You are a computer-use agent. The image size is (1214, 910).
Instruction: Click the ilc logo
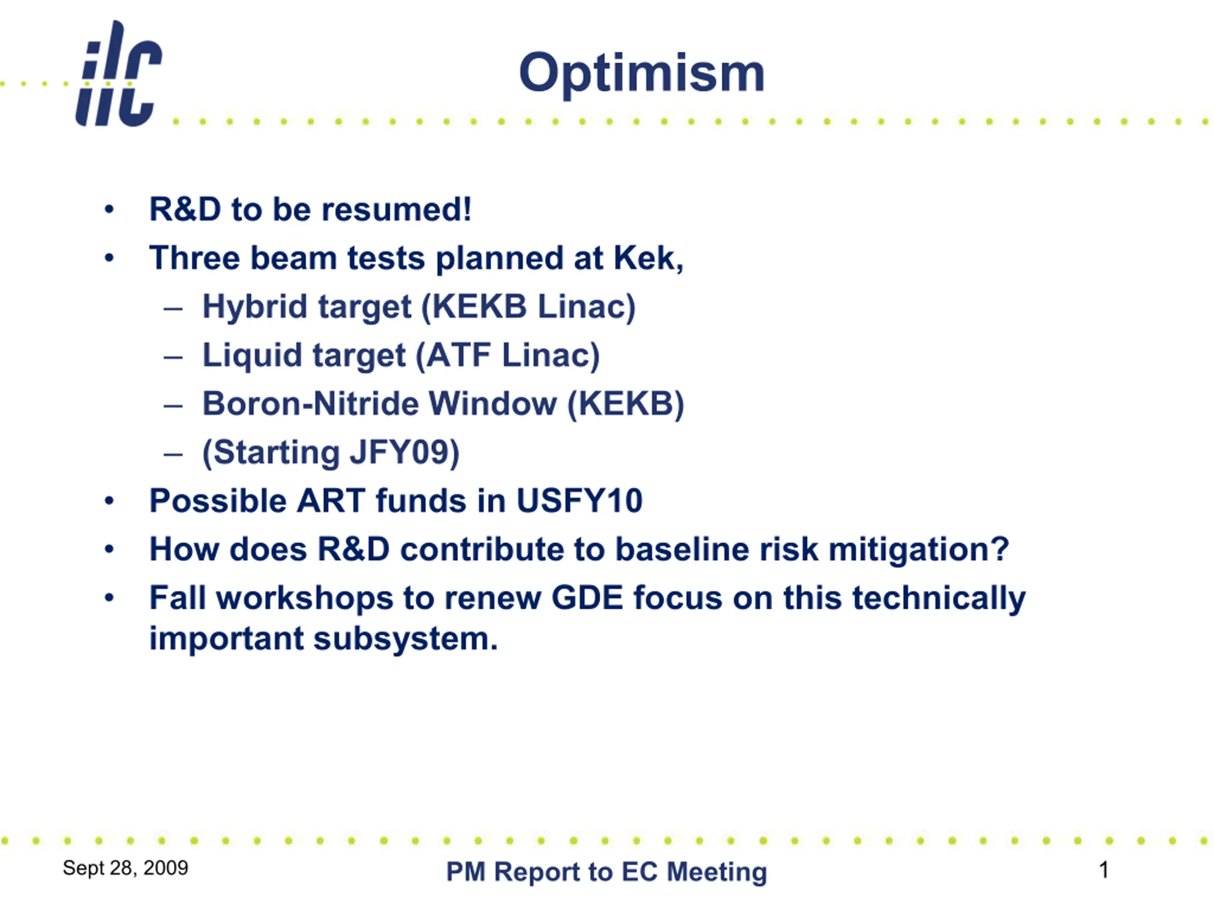point(119,73)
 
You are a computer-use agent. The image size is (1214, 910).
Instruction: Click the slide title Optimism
point(642,73)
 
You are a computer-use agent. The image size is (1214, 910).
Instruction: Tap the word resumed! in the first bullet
point(396,209)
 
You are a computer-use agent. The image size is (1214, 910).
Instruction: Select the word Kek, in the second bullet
point(649,258)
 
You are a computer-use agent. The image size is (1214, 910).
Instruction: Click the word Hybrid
point(255,307)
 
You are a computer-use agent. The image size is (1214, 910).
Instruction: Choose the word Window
point(492,404)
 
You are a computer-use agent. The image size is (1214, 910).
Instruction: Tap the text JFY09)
point(405,453)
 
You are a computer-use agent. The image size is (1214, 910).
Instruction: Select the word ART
point(331,501)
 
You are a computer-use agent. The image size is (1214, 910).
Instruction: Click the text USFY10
point(579,501)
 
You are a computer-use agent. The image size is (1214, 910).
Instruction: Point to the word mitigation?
point(919,550)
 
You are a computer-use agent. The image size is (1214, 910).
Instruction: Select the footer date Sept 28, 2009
point(126,868)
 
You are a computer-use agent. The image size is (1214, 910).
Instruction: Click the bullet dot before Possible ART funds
point(109,501)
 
